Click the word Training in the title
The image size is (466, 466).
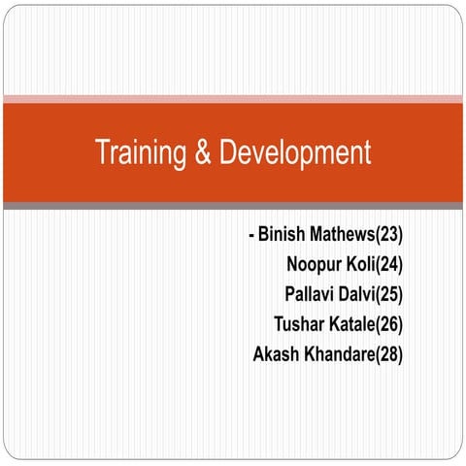click(141, 153)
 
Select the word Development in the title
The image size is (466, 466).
click(295, 153)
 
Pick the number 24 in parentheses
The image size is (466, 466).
click(389, 264)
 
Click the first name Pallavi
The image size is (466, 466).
click(313, 294)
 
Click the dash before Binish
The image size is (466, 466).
click(251, 236)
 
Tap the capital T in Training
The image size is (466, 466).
click(102, 153)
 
